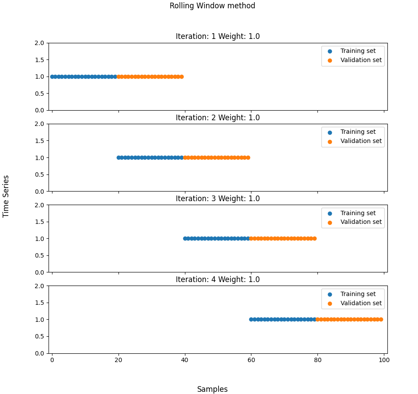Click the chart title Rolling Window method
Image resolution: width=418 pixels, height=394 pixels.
click(x=212, y=6)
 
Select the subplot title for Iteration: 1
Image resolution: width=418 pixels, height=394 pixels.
click(x=217, y=36)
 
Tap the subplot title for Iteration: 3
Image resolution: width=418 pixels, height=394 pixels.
click(x=217, y=199)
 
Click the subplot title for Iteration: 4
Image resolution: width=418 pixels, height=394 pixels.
click(x=217, y=279)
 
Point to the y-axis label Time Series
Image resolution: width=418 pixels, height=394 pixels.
click(x=6, y=196)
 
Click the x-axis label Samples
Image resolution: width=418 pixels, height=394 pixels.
click(x=212, y=389)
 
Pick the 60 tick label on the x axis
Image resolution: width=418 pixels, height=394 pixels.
click(x=251, y=360)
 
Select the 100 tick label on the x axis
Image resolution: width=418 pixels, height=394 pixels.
click(x=384, y=360)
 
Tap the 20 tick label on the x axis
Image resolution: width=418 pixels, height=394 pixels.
click(x=118, y=360)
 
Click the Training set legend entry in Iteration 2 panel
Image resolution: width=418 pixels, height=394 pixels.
click(x=358, y=132)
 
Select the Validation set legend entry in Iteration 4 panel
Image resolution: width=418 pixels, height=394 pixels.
click(x=361, y=303)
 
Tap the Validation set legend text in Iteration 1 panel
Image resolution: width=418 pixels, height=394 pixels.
click(x=361, y=60)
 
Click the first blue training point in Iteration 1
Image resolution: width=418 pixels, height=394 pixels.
click(x=52, y=77)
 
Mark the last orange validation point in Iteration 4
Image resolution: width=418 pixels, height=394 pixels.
click(x=381, y=319)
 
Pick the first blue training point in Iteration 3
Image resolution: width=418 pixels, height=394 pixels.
click(x=185, y=238)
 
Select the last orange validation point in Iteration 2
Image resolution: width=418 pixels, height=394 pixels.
click(x=248, y=157)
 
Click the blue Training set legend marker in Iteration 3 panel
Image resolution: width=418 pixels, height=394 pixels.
click(x=330, y=213)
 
